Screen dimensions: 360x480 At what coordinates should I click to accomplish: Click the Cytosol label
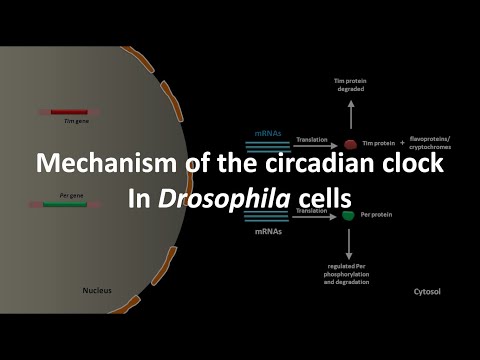[427, 292]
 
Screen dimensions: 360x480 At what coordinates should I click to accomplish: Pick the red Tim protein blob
[351, 144]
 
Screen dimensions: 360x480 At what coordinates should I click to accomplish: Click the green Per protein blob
[348, 214]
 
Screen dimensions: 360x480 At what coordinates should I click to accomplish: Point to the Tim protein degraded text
[349, 83]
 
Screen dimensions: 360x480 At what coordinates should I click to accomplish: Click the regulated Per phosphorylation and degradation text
[348, 274]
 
